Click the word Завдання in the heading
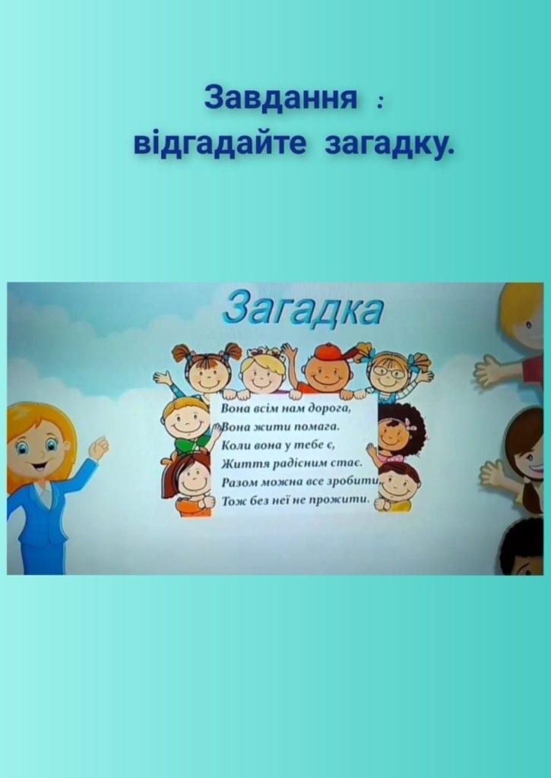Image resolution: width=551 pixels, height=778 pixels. (x=280, y=97)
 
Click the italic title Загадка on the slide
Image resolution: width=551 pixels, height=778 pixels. (x=302, y=308)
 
